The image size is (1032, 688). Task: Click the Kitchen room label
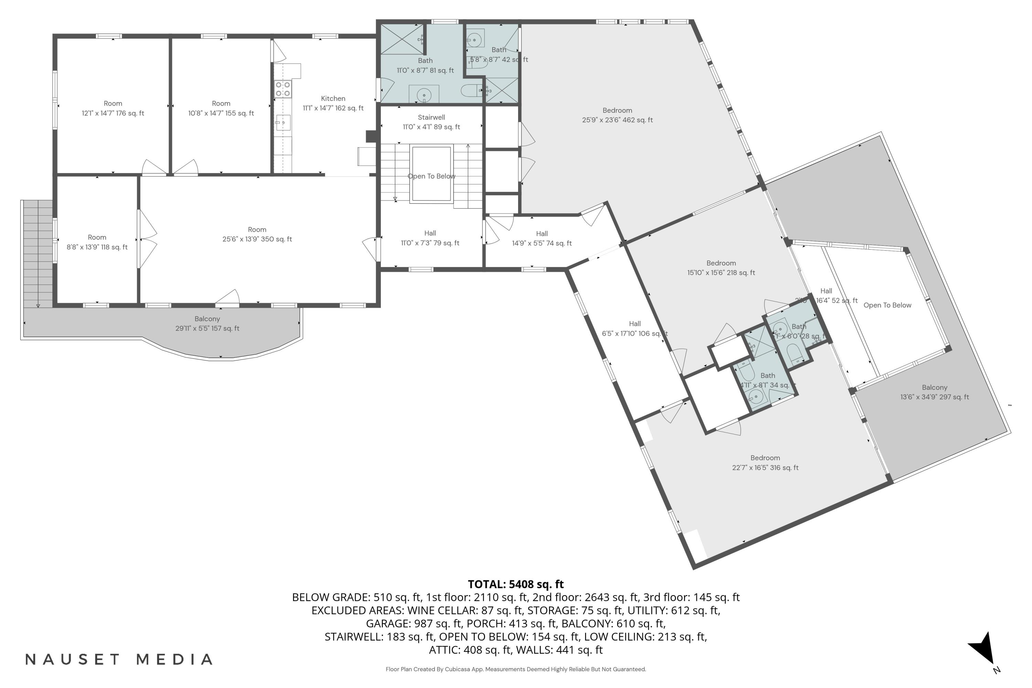click(333, 99)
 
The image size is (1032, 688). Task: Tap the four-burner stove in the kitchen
click(282, 89)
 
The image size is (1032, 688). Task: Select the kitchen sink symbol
click(283, 122)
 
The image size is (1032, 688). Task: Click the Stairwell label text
click(431, 118)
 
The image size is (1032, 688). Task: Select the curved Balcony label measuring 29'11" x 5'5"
click(207, 319)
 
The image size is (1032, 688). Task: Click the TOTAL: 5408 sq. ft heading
click(516, 584)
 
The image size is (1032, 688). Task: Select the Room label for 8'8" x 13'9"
click(97, 237)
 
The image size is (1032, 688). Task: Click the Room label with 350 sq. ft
click(257, 230)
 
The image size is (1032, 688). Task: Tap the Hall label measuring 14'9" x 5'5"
click(541, 234)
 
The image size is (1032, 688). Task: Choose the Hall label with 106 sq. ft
click(634, 324)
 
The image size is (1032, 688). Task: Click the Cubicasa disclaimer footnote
click(516, 669)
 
